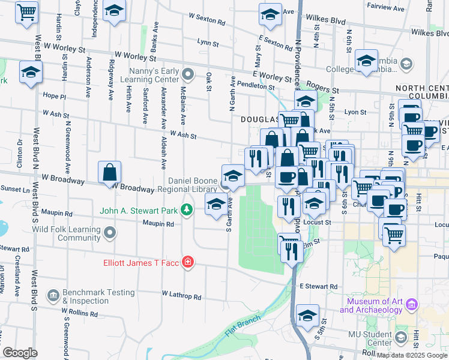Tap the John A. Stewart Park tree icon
point(187,209)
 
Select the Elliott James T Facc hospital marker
point(188,262)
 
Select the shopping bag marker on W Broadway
point(110,173)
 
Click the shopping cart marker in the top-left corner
point(26,12)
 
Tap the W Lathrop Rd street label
point(181,295)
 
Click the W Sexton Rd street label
point(206,20)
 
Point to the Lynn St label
point(207,43)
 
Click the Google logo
point(20,352)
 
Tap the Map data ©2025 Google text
point(412,355)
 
